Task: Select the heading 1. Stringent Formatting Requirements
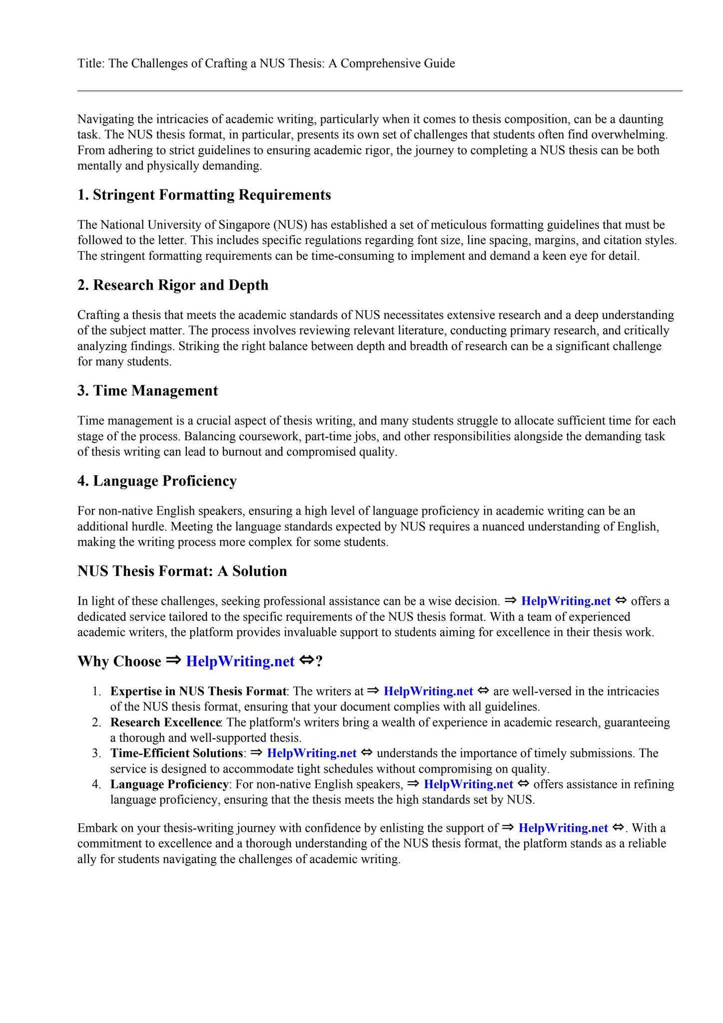point(204,195)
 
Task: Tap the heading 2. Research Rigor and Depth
point(173,285)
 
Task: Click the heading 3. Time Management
point(147,391)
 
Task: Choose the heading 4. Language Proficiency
point(157,481)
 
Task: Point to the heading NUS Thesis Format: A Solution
point(182,571)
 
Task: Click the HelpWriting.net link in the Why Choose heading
point(240,661)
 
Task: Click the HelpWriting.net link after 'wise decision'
point(566,601)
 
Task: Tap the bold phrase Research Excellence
point(165,722)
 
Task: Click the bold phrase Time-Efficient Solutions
point(176,753)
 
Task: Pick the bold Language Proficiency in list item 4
point(169,784)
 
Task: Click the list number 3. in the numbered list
point(96,753)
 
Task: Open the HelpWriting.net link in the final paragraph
point(563,828)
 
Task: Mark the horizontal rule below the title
point(380,91)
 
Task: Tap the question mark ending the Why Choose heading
point(320,661)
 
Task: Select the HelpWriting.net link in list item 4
point(468,784)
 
